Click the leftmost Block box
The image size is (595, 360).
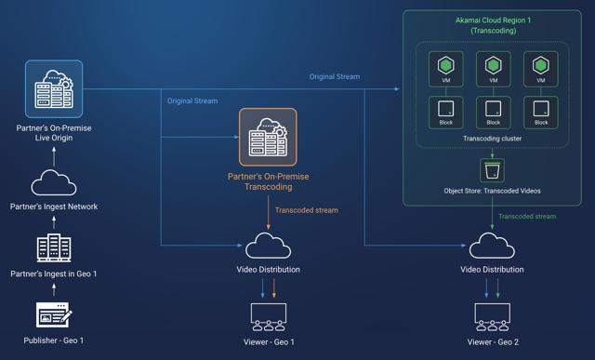click(445, 112)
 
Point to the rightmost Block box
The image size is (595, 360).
click(540, 112)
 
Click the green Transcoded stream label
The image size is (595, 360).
click(527, 216)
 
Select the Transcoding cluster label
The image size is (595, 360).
click(492, 139)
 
